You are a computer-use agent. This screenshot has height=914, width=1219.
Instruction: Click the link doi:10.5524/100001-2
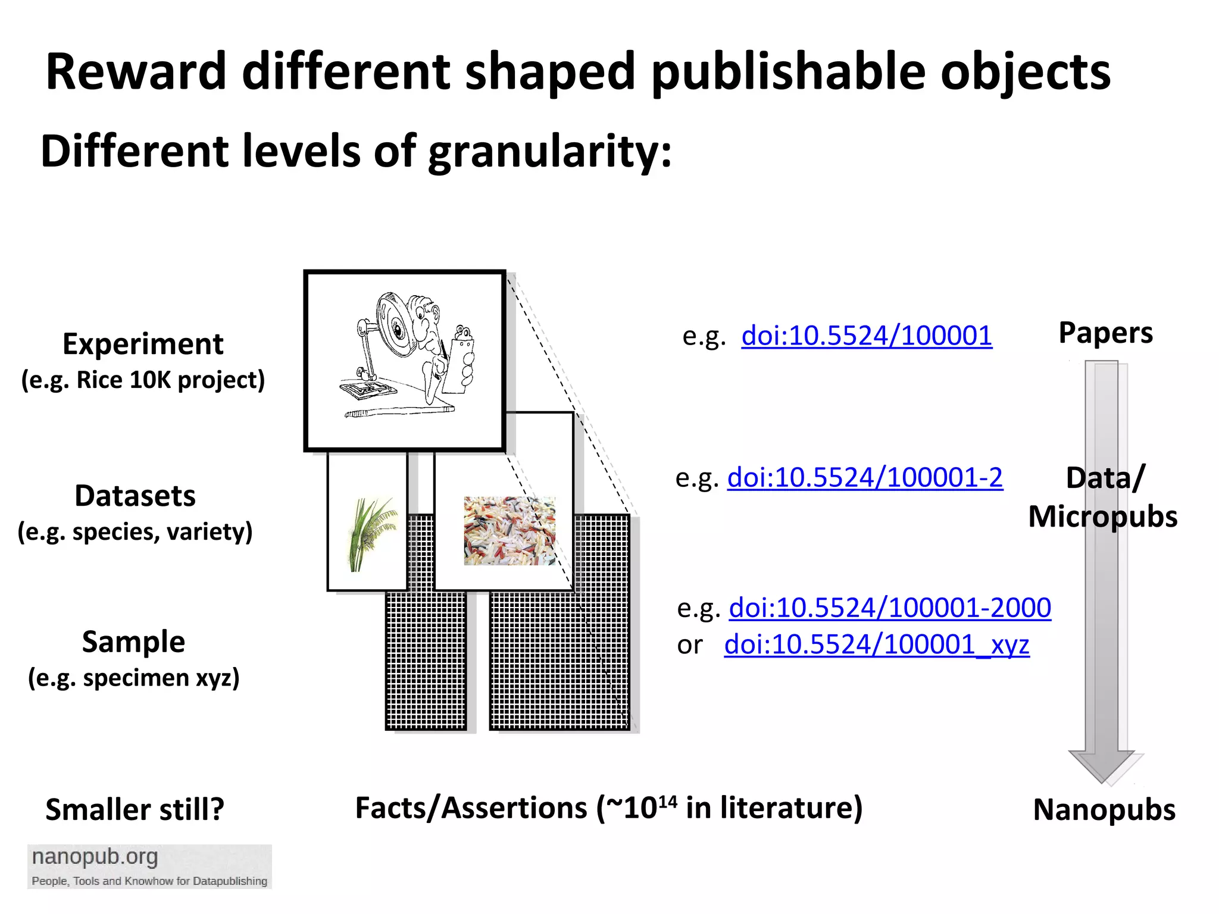pyautogui.click(x=865, y=478)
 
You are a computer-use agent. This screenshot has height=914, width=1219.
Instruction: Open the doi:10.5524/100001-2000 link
pyautogui.click(x=890, y=608)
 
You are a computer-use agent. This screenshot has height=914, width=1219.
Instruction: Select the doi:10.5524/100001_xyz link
pyautogui.click(x=876, y=644)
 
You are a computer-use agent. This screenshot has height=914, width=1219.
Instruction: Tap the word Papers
pyautogui.click(x=1105, y=333)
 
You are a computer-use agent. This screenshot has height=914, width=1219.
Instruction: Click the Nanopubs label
pyautogui.click(x=1104, y=810)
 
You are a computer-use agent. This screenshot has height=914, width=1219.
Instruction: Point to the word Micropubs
pyautogui.click(x=1102, y=517)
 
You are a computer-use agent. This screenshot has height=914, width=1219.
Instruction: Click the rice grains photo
pyautogui.click(x=510, y=531)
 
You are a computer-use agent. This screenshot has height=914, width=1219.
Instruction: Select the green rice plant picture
pyautogui.click(x=370, y=534)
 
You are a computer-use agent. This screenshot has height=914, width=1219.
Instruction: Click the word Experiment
pyautogui.click(x=143, y=345)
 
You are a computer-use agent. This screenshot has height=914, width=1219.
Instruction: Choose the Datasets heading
pyautogui.click(x=135, y=496)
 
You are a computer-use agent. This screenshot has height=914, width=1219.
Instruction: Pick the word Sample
pyautogui.click(x=134, y=642)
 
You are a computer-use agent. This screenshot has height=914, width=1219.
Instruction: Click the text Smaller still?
pyautogui.click(x=135, y=810)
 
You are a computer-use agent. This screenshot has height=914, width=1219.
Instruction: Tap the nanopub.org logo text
pyautogui.click(x=95, y=857)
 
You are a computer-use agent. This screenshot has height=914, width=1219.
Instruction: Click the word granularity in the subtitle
pyautogui.click(x=549, y=152)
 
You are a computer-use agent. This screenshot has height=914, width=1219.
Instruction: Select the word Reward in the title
pyautogui.click(x=136, y=72)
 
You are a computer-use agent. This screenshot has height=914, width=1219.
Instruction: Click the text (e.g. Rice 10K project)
pyautogui.click(x=143, y=380)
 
